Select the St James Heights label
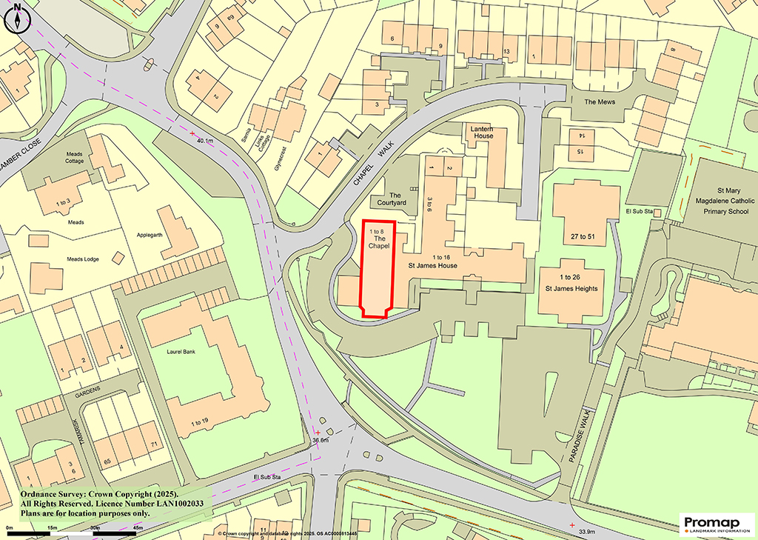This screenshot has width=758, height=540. (571, 289)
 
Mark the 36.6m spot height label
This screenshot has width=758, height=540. (320, 441)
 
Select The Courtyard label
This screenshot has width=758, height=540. (392, 199)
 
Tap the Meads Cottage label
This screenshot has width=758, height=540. (74, 157)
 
